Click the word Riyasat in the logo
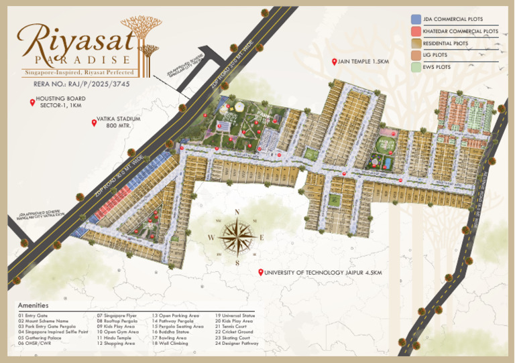point(74,41)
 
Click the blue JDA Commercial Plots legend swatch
point(416,19)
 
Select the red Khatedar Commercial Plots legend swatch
point(416,31)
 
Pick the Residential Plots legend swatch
point(416,44)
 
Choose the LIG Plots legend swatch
point(416,56)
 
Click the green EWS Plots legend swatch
point(416,67)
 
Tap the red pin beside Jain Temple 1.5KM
point(334,62)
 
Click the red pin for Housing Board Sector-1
point(32,102)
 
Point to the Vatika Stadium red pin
point(94,122)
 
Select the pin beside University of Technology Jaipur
point(260,272)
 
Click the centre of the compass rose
point(237,236)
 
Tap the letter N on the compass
point(237,213)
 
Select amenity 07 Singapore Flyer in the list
point(119,315)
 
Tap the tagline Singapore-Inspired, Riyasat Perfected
point(79,72)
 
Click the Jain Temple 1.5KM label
point(364,62)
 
